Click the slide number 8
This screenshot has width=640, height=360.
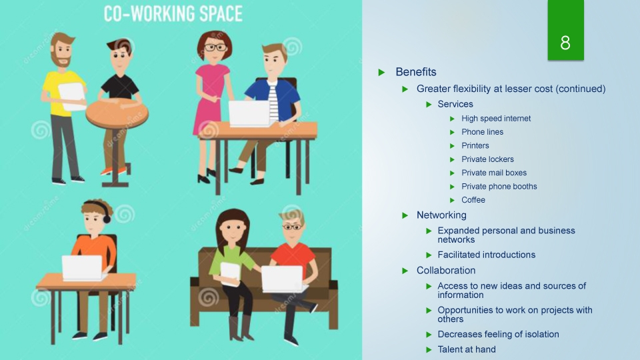tap(565, 43)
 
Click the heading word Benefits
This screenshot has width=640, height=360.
tap(416, 72)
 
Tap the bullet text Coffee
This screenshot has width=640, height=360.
tap(473, 200)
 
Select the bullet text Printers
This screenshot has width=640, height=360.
tap(475, 146)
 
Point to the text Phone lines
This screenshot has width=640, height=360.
tap(482, 132)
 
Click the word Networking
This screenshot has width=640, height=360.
tap(441, 215)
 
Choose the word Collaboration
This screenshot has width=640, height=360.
tap(446, 270)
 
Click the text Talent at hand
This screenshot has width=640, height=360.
tap(467, 349)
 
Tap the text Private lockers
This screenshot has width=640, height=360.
tap(487, 159)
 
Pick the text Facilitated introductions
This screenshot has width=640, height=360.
tap(486, 255)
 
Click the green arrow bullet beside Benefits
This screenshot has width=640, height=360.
tap(381, 73)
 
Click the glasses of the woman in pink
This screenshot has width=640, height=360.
tap(215, 48)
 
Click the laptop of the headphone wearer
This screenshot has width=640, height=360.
tap(82, 268)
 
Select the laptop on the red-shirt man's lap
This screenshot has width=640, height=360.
tap(283, 279)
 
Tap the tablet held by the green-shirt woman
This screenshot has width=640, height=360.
tap(231, 274)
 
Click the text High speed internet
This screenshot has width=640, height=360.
tap(496, 119)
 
